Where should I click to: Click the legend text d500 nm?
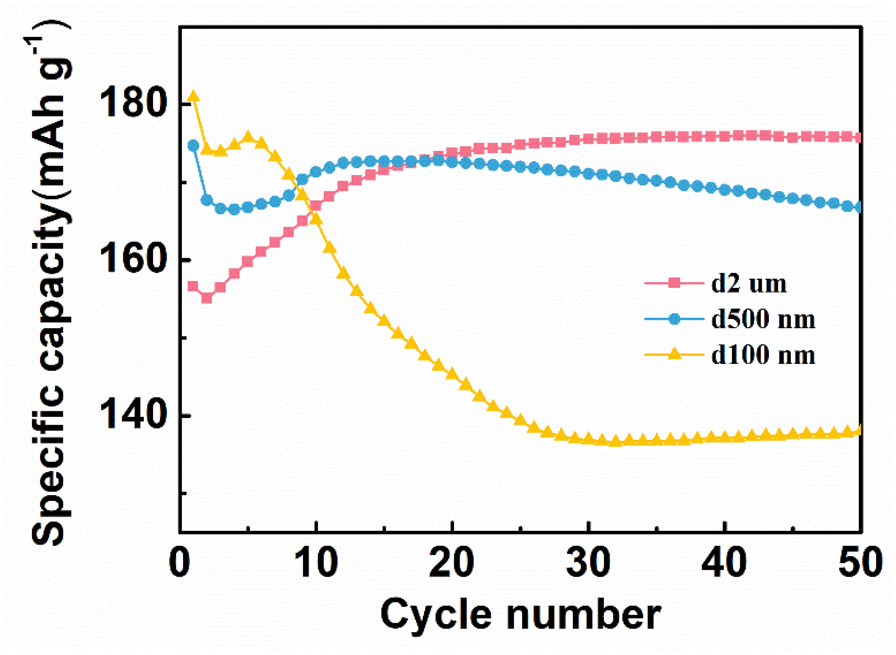coord(763,319)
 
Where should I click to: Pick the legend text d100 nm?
coord(763,355)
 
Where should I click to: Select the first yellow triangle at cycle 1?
coord(193,96)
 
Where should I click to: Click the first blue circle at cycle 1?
coord(193,145)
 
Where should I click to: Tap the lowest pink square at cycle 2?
coord(207,298)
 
